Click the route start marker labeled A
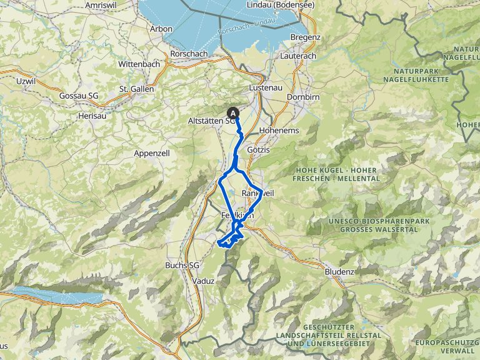click(234, 113)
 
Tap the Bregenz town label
click(306, 38)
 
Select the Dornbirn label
click(303, 97)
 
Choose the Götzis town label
click(258, 151)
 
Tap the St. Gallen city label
click(136, 89)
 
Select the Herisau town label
click(91, 116)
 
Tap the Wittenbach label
click(139, 64)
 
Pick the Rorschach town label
click(189, 54)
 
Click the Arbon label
click(161, 29)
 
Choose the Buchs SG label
click(181, 265)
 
